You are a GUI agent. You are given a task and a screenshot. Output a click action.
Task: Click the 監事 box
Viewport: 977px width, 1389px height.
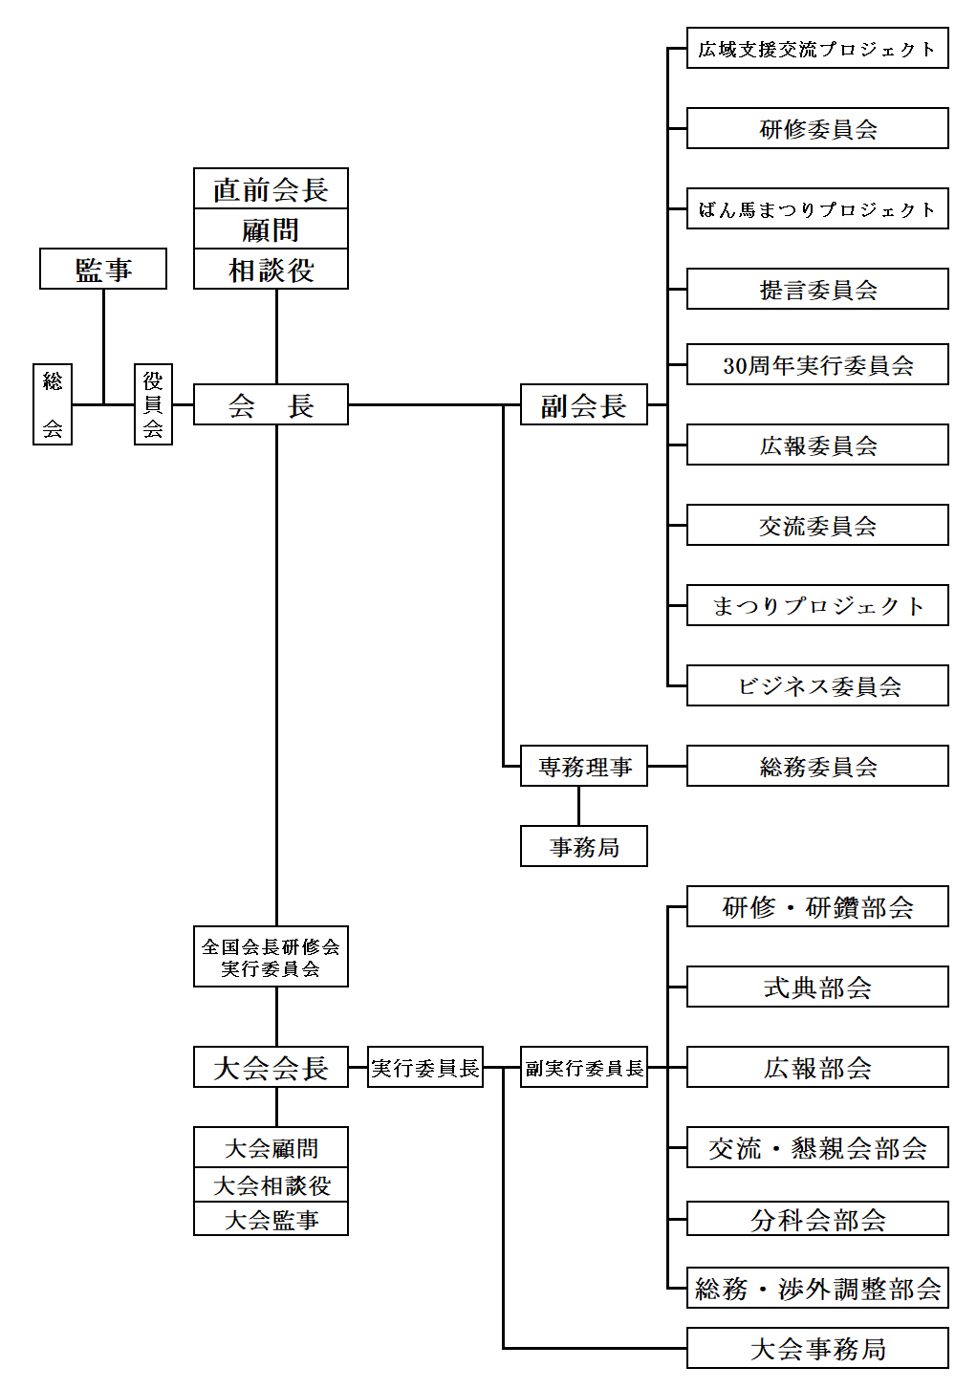103,269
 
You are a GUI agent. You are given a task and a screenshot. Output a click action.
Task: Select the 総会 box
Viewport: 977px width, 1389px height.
53,404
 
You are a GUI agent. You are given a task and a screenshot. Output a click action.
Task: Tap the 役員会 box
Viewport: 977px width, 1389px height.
153,404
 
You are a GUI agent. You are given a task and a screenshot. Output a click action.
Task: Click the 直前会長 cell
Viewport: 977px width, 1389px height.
271,189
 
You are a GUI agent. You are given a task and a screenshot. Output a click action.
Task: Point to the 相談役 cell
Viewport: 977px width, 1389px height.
271,271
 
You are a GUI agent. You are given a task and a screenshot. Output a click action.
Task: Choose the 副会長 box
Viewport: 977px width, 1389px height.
583,404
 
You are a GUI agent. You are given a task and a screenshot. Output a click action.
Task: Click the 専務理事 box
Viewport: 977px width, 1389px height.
583,767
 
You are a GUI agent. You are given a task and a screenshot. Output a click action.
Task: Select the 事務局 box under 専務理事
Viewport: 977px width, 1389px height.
583,846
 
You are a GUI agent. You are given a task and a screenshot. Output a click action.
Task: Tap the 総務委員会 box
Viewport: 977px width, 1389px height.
817,767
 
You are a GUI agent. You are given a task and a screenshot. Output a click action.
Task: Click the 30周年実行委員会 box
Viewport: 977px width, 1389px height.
817,364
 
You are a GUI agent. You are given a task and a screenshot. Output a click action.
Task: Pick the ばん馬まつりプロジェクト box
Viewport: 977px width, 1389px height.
817,208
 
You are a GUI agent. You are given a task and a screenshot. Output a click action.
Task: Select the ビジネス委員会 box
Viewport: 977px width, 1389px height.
817,685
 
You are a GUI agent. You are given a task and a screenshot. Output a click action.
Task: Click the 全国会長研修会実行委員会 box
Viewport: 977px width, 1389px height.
271,957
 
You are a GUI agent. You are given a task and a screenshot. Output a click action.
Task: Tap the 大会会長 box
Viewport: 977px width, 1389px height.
271,1067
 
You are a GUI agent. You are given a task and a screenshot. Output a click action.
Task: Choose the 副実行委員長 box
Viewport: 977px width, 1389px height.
583,1067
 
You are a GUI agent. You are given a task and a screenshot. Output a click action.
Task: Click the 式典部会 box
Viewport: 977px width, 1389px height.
817,987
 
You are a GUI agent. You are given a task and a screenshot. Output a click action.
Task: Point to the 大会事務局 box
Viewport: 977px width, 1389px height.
817,1348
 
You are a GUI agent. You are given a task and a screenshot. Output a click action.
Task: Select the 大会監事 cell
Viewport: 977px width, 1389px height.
271,1220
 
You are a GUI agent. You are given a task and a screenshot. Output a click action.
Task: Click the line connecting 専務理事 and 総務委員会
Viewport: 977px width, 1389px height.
667,767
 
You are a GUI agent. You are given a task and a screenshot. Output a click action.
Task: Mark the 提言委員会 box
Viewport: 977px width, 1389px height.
817,289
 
